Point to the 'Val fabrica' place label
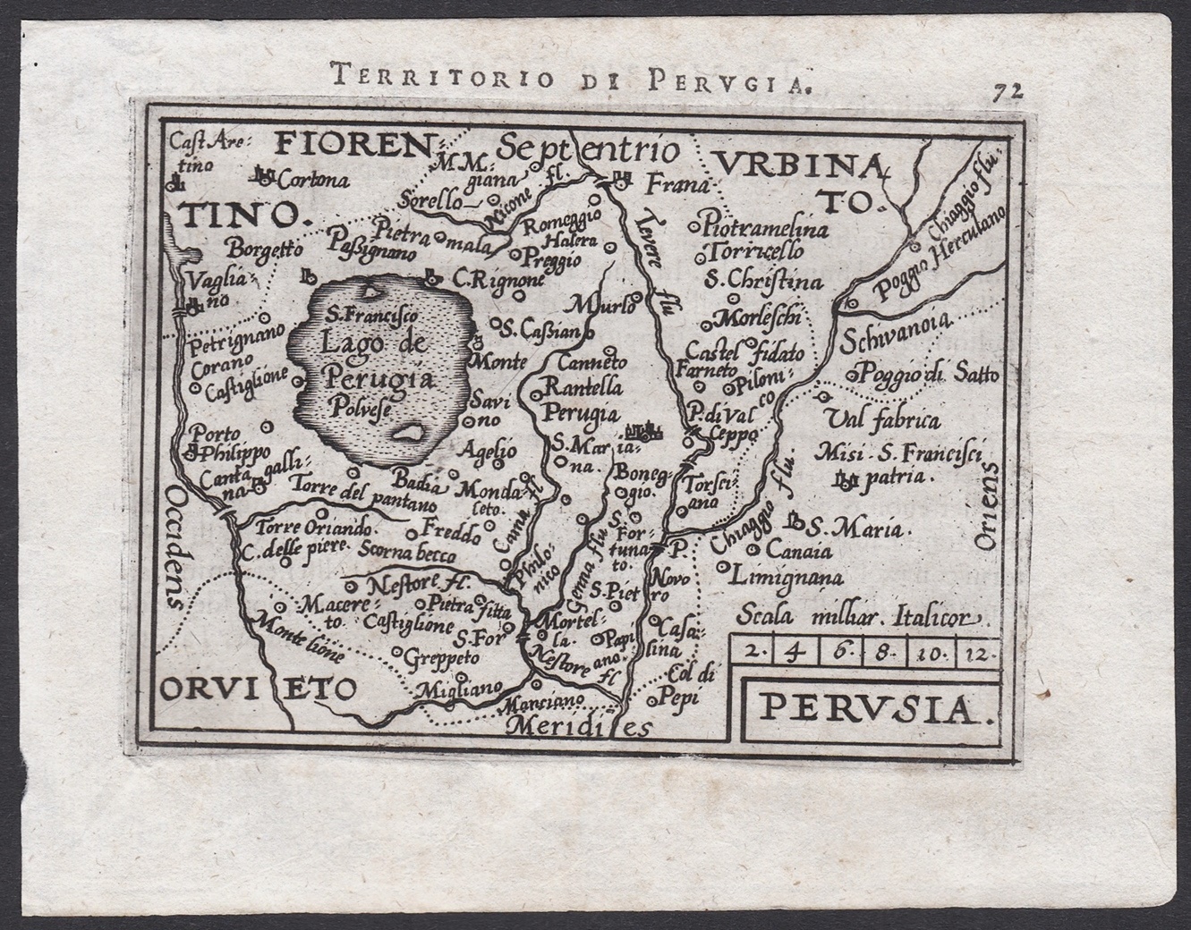[882, 419]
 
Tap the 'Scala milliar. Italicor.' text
[860, 617]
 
